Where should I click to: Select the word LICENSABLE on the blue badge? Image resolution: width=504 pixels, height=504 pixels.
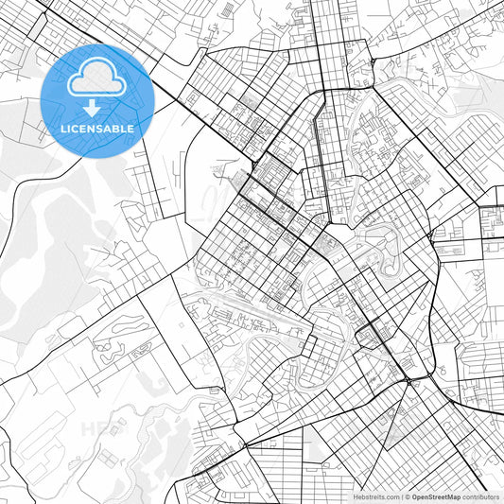tap(96, 128)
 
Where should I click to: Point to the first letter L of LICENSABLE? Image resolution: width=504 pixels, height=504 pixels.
tap(62, 128)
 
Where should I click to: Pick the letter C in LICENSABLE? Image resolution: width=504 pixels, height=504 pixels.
tap(75, 128)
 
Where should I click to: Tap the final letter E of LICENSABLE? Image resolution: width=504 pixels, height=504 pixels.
tap(130, 128)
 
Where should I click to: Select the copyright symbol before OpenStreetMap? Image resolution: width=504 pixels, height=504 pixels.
tap(408, 496)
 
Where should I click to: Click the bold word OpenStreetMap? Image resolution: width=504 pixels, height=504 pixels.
tap(436, 496)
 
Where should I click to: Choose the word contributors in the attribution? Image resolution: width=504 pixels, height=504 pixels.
tap(480, 496)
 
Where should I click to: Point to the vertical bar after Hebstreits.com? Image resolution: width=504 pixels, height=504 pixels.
tap(401, 496)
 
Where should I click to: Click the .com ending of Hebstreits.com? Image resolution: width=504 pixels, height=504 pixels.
tap(390, 496)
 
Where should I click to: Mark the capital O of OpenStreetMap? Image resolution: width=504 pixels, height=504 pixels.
tap(414, 496)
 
